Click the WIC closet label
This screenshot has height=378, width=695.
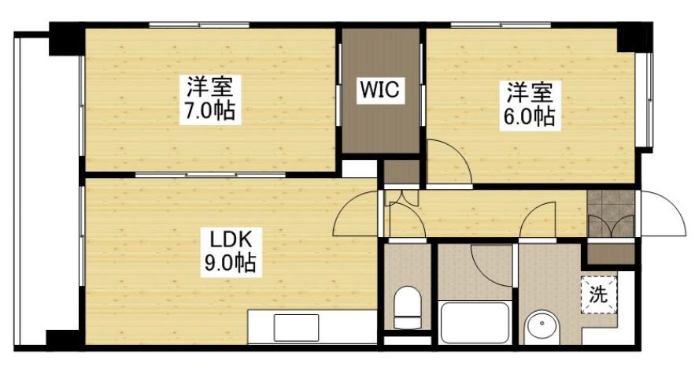coord(381,91)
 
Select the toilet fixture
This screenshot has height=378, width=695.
coord(407,307)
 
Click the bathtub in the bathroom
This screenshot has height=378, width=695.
coord(475,323)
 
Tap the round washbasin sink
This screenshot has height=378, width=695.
coord(542,327)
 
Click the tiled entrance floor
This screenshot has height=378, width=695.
coord(611,213)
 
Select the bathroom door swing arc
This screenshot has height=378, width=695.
coord(492,264)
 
